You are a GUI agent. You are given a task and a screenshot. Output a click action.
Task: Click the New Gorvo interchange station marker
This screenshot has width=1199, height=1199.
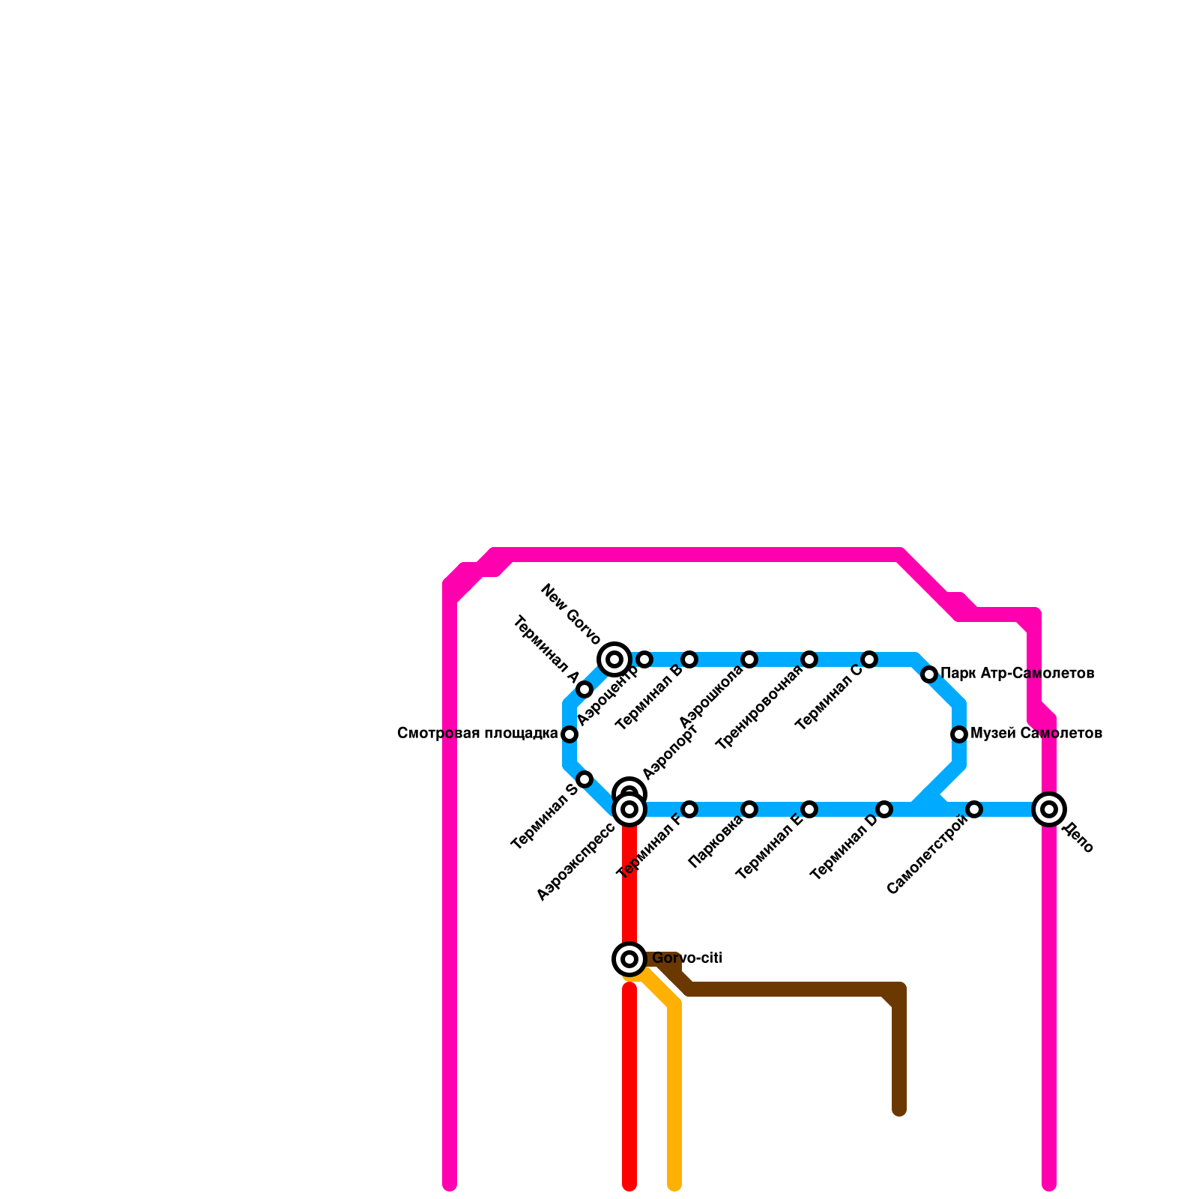(614, 659)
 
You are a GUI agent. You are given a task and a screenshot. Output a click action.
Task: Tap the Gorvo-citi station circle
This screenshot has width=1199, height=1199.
(629, 959)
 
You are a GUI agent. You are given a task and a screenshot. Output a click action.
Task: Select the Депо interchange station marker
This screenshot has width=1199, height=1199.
(1049, 809)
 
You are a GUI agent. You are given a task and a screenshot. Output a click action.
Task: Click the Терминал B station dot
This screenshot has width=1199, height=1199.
(689, 659)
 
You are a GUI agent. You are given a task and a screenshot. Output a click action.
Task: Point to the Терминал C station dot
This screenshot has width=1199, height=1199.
(869, 659)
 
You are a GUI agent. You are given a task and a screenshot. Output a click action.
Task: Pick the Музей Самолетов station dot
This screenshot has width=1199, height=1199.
(959, 734)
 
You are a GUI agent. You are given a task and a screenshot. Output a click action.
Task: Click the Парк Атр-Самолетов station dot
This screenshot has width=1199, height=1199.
(929, 674)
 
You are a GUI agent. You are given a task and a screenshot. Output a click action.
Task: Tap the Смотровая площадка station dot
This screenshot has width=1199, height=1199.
(570, 734)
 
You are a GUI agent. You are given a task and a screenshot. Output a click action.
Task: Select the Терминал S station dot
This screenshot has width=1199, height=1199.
(585, 779)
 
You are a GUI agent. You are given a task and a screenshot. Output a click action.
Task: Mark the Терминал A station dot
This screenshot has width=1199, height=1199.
(585, 689)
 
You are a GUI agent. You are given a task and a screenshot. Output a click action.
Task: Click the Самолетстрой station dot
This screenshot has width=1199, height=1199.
(974, 809)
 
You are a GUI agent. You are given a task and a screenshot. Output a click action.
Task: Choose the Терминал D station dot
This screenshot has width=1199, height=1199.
(884, 809)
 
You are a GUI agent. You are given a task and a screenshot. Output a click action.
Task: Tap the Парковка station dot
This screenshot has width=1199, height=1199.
(749, 809)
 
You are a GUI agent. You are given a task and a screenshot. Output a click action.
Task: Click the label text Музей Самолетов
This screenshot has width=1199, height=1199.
(1036, 734)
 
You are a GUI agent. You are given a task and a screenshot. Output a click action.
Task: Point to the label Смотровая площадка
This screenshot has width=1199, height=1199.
(477, 734)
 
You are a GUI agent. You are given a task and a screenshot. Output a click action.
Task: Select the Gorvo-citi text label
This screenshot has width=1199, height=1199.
(686, 958)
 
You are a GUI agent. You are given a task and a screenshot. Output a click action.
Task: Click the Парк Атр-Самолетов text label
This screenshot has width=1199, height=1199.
(1017, 674)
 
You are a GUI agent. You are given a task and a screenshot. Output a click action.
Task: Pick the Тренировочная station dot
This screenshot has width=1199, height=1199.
(809, 659)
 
